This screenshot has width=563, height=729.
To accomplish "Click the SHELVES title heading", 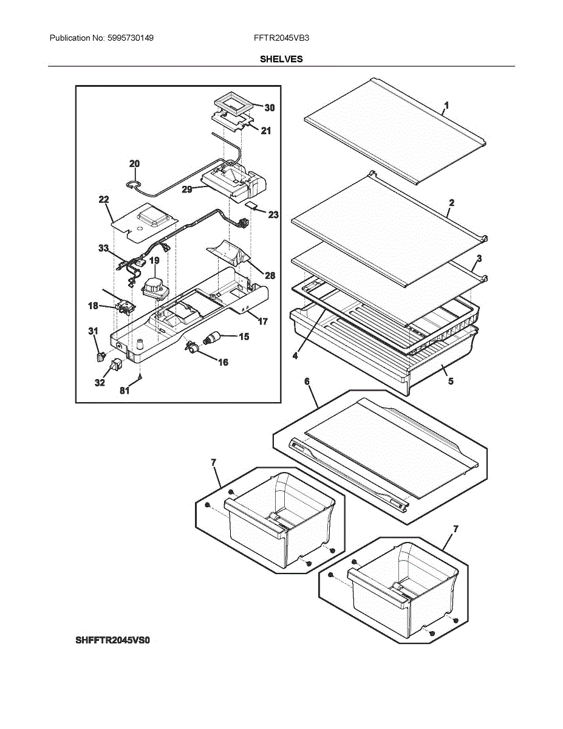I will click(x=281, y=59).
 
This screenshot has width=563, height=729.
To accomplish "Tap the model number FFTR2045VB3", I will click(x=282, y=38).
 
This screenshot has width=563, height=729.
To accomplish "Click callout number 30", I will click(x=269, y=108).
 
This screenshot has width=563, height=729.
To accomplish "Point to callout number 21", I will click(x=266, y=131).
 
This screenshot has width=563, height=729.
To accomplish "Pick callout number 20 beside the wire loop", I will click(x=134, y=163).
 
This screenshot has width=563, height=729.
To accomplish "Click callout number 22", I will click(x=104, y=199).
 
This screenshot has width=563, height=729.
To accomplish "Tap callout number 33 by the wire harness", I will click(x=104, y=248).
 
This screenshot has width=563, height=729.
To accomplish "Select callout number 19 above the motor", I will click(x=154, y=261).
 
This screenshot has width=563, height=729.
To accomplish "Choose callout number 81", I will click(x=125, y=391).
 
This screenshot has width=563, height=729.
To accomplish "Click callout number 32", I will click(x=100, y=383).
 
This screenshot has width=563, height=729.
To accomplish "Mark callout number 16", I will click(x=223, y=362).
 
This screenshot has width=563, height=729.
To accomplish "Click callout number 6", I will click(x=307, y=381).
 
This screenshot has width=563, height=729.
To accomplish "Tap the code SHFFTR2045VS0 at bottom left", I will click(x=112, y=640).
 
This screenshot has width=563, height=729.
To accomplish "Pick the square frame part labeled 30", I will click(x=233, y=105).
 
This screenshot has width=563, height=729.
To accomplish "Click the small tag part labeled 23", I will click(x=251, y=207).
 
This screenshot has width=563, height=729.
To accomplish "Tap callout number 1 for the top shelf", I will click(x=446, y=106).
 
